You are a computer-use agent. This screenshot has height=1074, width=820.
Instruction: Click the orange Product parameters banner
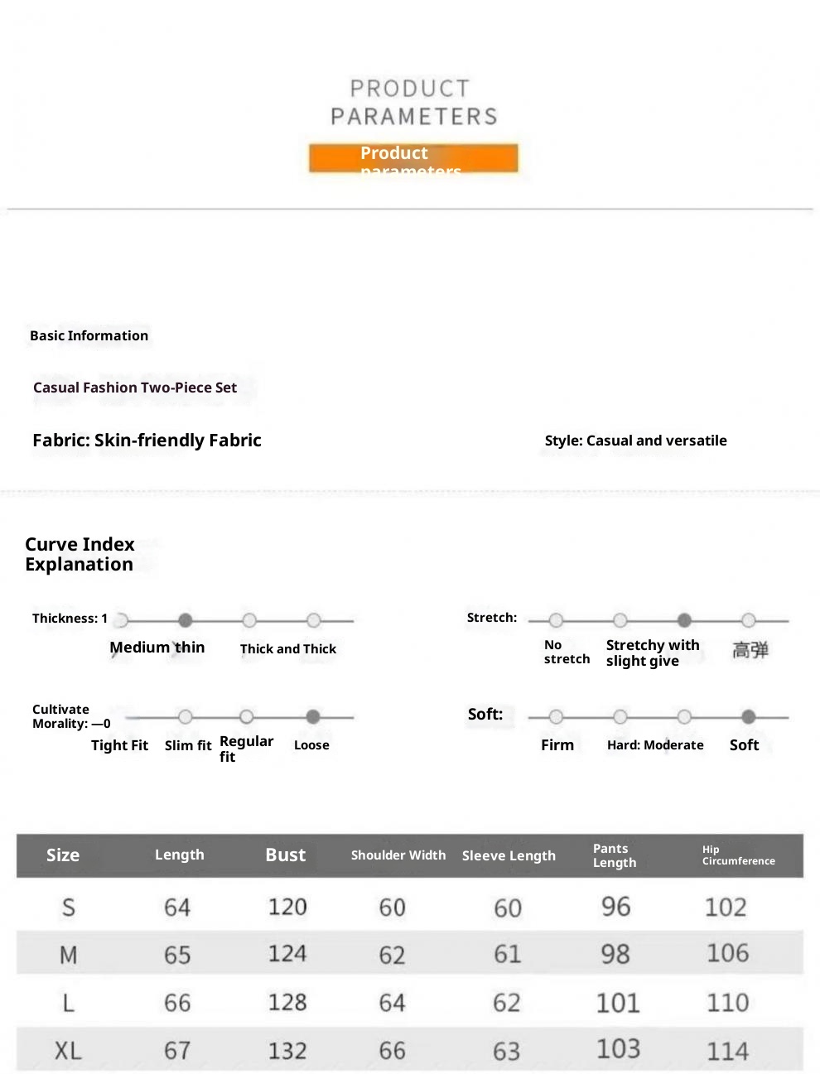click(413, 158)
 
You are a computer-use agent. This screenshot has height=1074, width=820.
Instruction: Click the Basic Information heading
click(89, 335)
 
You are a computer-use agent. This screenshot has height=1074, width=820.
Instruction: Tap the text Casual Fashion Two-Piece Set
click(135, 388)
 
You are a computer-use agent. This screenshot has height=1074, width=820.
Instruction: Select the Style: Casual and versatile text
click(635, 441)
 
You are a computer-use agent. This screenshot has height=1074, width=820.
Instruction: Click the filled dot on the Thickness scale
click(186, 620)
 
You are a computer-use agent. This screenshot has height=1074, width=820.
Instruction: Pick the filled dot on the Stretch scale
click(684, 620)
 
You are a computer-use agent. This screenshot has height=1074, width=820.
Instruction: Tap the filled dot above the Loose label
click(313, 717)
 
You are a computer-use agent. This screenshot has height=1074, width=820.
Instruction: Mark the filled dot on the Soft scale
click(749, 717)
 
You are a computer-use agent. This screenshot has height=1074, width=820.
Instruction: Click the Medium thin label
click(157, 648)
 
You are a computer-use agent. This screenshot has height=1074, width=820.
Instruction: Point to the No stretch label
click(567, 652)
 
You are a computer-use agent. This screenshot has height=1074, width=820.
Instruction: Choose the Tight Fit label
click(119, 745)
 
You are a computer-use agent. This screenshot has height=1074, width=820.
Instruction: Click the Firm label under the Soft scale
click(557, 745)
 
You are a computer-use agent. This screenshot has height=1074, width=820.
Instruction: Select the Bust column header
click(285, 855)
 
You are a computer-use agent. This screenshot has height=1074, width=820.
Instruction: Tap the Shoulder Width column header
click(398, 855)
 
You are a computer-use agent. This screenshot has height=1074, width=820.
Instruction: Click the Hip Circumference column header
click(738, 855)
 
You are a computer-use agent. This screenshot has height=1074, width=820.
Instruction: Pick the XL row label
click(68, 1051)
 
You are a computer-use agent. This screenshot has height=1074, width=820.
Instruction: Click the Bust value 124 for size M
click(287, 954)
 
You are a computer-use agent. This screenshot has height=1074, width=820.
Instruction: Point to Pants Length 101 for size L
click(618, 1003)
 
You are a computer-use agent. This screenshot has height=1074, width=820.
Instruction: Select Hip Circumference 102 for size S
click(726, 908)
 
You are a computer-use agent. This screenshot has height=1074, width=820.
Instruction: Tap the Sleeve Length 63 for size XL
click(507, 1051)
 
